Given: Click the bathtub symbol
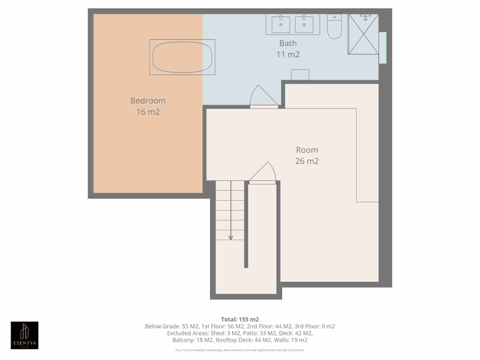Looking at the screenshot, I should pos(182,57).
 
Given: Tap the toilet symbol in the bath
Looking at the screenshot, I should pos(334,27).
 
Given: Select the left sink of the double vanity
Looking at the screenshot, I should pos(281,24).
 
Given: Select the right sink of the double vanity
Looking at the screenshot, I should pos(304,24).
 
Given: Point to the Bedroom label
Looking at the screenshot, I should pos(148,100).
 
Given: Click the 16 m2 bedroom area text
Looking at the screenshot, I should pos(148,112).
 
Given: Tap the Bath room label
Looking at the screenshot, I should pos(288,43).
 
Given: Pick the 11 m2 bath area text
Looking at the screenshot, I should pos(288,54).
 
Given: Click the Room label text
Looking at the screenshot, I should pos(307,150).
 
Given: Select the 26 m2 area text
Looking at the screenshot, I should pos(307,161).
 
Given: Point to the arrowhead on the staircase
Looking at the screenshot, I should pos(231,238).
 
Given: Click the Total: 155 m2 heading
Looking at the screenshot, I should pos(240,319).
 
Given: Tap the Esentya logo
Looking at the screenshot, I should pos(25,335).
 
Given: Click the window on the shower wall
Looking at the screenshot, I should pos(382,48).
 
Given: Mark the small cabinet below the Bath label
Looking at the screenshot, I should pos(300,75).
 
